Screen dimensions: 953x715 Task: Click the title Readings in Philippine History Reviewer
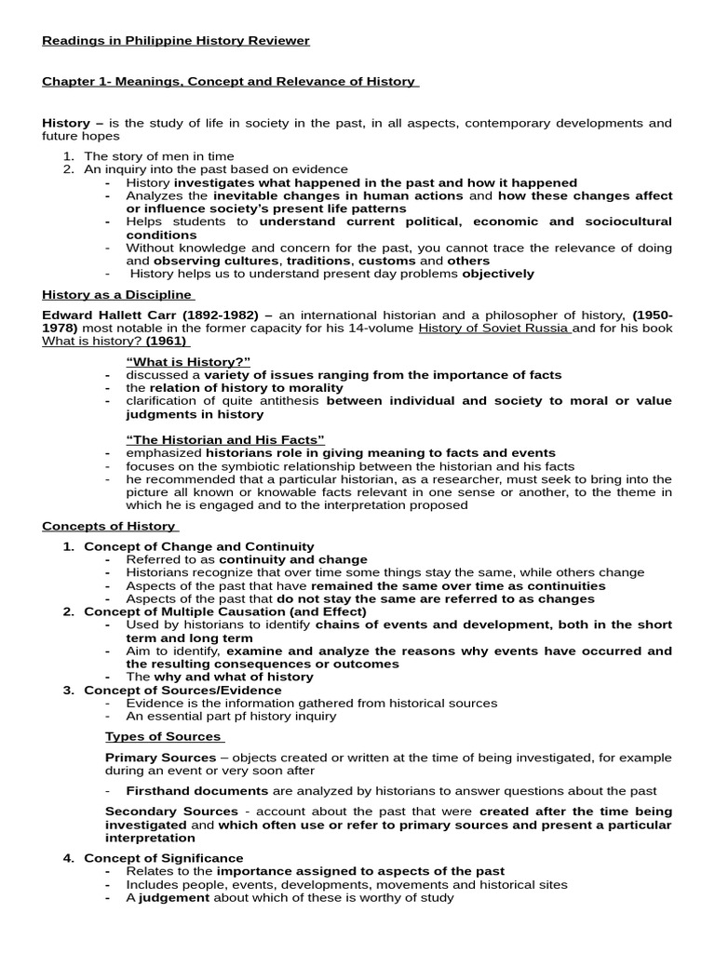176,41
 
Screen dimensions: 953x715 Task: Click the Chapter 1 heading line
230,82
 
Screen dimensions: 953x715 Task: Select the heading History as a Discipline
117,295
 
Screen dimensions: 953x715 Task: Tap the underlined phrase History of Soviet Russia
494,328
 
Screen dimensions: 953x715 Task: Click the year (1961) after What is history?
168,341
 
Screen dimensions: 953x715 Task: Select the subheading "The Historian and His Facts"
225,439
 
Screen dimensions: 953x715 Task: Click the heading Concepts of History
110,526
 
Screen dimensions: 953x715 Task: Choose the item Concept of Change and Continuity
199,546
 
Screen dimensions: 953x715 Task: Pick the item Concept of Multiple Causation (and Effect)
224,611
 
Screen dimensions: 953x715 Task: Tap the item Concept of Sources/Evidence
182,690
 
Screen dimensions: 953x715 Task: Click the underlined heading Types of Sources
164,736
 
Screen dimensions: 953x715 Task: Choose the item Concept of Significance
164,858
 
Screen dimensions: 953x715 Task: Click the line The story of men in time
159,156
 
